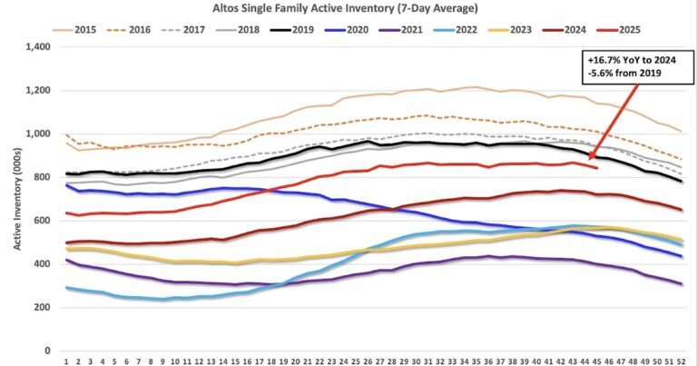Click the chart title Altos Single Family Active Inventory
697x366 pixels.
coord(348,8)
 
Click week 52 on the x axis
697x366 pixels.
coord(680,361)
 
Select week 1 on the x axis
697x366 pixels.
coord(66,361)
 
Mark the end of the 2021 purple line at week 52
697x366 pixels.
coord(680,284)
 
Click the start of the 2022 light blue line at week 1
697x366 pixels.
coord(66,287)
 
